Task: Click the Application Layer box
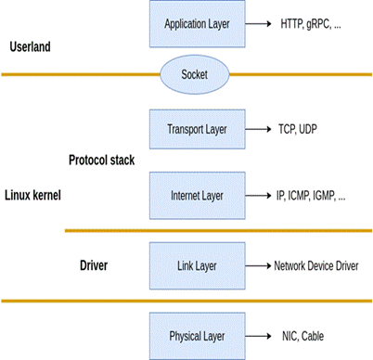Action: click(198, 24)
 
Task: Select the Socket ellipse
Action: click(195, 74)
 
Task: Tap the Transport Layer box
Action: click(198, 129)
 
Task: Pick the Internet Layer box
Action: click(198, 196)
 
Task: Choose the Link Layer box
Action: click(198, 265)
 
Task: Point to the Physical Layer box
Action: click(198, 336)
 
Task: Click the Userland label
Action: click(30, 47)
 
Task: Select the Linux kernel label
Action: click(32, 196)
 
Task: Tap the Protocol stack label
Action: click(102, 161)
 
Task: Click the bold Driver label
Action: click(94, 265)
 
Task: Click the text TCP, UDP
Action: click(298, 129)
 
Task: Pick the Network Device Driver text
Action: click(316, 266)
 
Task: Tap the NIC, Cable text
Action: click(302, 336)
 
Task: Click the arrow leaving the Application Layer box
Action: click(258, 24)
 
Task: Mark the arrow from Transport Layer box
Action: click(258, 129)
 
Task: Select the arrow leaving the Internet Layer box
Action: click(258, 196)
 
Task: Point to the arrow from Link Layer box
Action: click(258, 265)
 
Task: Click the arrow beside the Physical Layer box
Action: click(258, 336)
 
